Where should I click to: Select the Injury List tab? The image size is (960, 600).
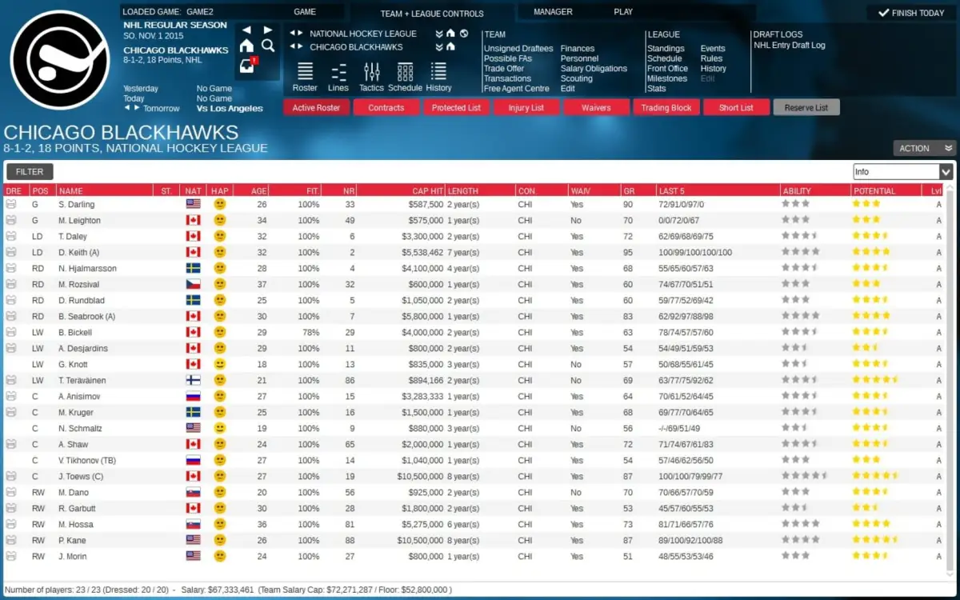(x=526, y=108)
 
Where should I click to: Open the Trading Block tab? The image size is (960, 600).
(x=666, y=108)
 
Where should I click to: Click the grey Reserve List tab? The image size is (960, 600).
(x=806, y=108)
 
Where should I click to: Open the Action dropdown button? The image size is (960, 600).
(x=924, y=148)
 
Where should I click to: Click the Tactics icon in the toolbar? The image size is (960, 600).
(x=371, y=78)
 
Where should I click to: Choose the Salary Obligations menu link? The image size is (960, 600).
(x=594, y=69)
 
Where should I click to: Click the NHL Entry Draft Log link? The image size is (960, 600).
(x=789, y=46)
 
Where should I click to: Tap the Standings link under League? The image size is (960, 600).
(x=666, y=49)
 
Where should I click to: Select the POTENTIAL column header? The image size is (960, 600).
(x=874, y=191)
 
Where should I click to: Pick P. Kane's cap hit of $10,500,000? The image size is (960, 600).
(x=417, y=540)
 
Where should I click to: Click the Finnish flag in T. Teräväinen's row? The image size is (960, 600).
(x=193, y=380)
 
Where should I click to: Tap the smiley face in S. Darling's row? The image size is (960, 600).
(x=219, y=204)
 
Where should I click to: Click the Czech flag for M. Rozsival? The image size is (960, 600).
(x=193, y=284)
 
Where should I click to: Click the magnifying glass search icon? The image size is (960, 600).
(x=268, y=46)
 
